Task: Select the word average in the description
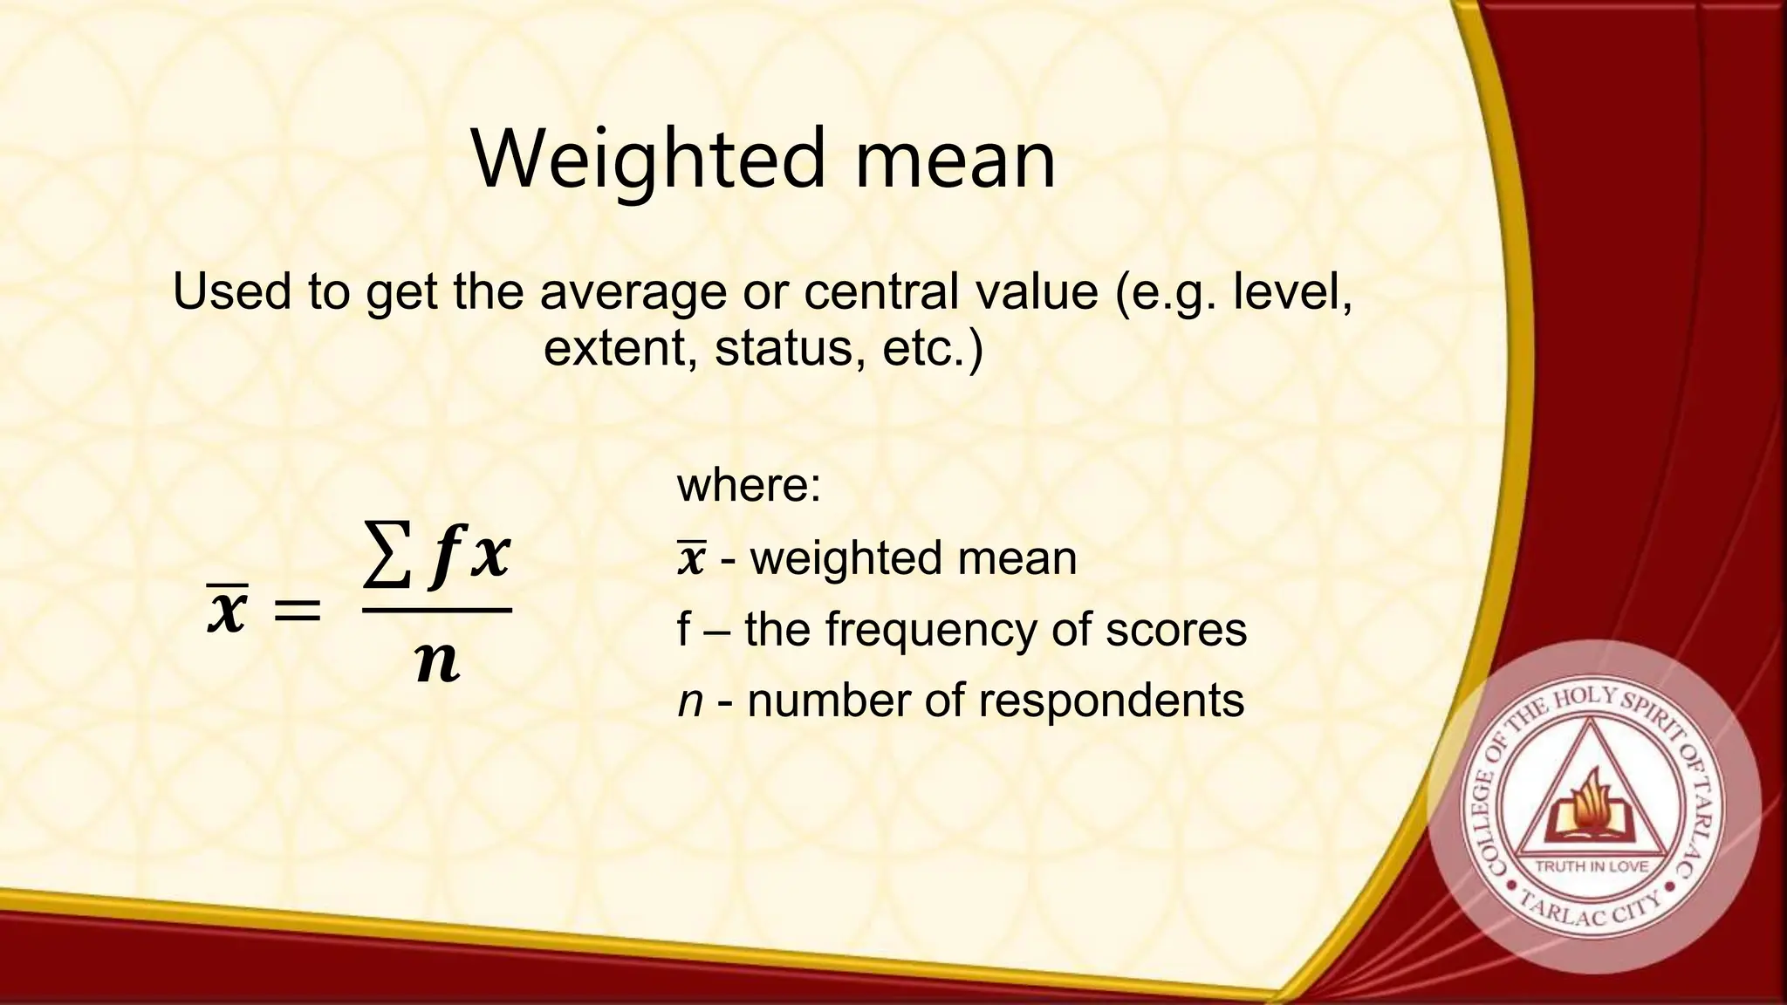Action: (x=633, y=291)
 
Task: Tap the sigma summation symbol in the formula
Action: (x=388, y=556)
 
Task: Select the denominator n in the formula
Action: (x=437, y=663)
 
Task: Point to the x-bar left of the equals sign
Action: (x=228, y=608)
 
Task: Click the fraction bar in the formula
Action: (x=436, y=610)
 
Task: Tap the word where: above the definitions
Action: (x=749, y=485)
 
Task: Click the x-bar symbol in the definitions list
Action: (x=691, y=558)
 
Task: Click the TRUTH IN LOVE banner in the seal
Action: (x=1592, y=866)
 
